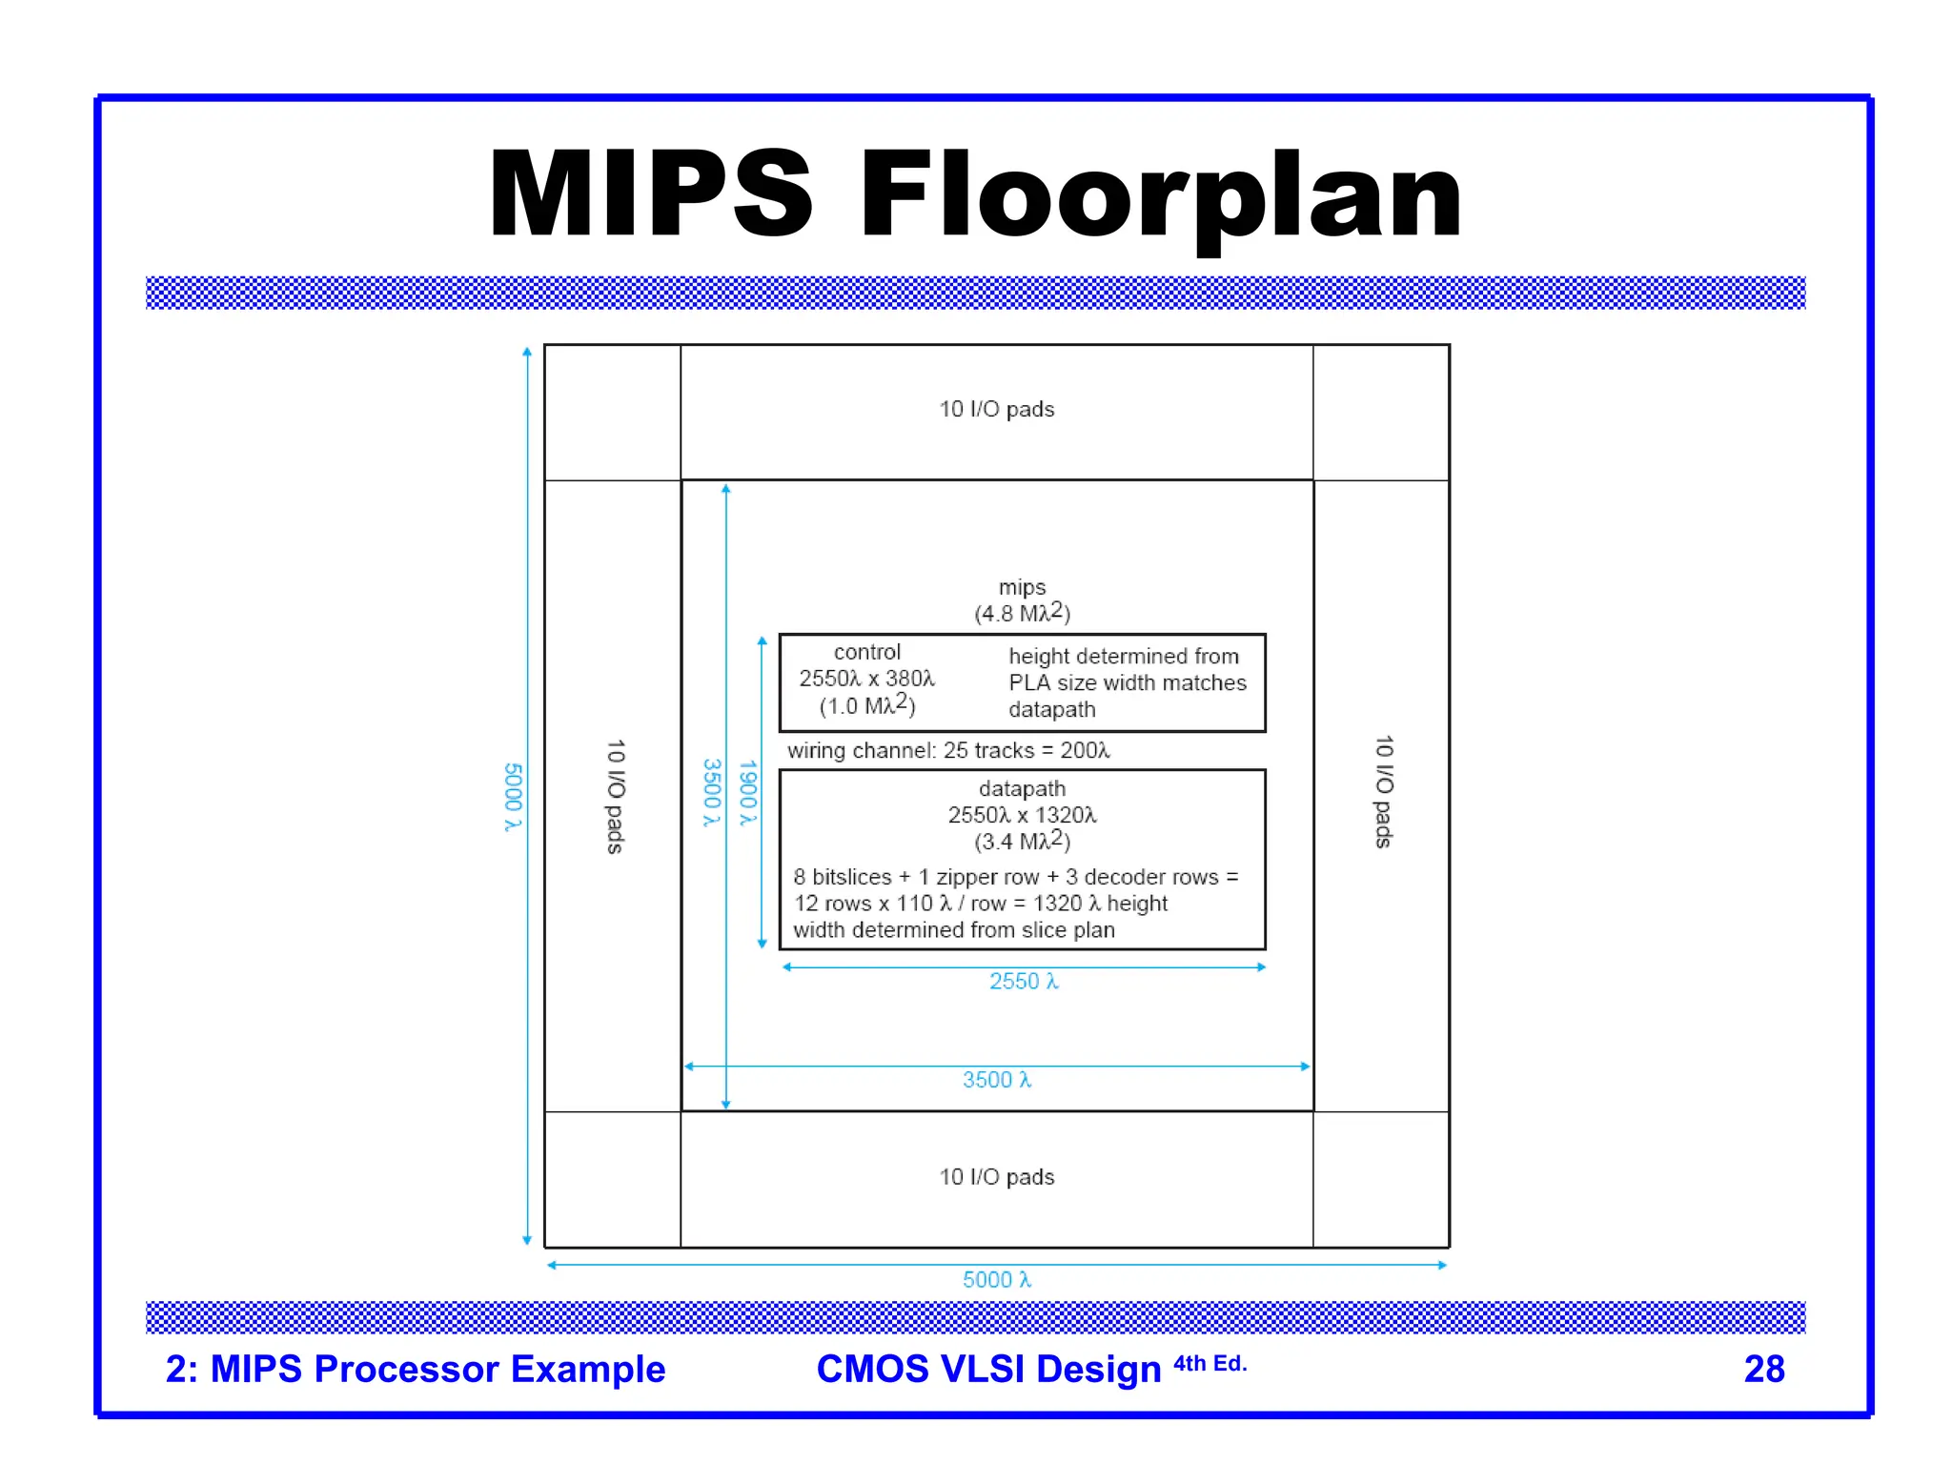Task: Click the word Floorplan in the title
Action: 1161,195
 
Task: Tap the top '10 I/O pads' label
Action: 997,409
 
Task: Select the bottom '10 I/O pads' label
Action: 997,1177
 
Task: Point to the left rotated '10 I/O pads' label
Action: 616,796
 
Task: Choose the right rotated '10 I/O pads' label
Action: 1384,791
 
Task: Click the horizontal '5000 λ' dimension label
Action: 997,1280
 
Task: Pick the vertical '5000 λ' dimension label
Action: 513,797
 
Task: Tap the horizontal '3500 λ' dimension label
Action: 997,1080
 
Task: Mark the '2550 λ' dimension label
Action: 1024,982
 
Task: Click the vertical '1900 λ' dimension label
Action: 748,792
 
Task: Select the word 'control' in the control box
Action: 866,652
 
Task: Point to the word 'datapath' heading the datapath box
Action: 1022,789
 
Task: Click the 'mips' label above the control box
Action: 1022,587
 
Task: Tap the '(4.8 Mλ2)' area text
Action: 1022,613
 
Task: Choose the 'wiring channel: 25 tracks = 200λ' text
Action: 948,751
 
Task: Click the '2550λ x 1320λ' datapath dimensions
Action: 1022,815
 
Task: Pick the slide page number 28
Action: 1763,1369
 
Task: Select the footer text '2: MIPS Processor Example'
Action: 416,1369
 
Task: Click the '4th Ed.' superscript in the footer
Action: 1210,1364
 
